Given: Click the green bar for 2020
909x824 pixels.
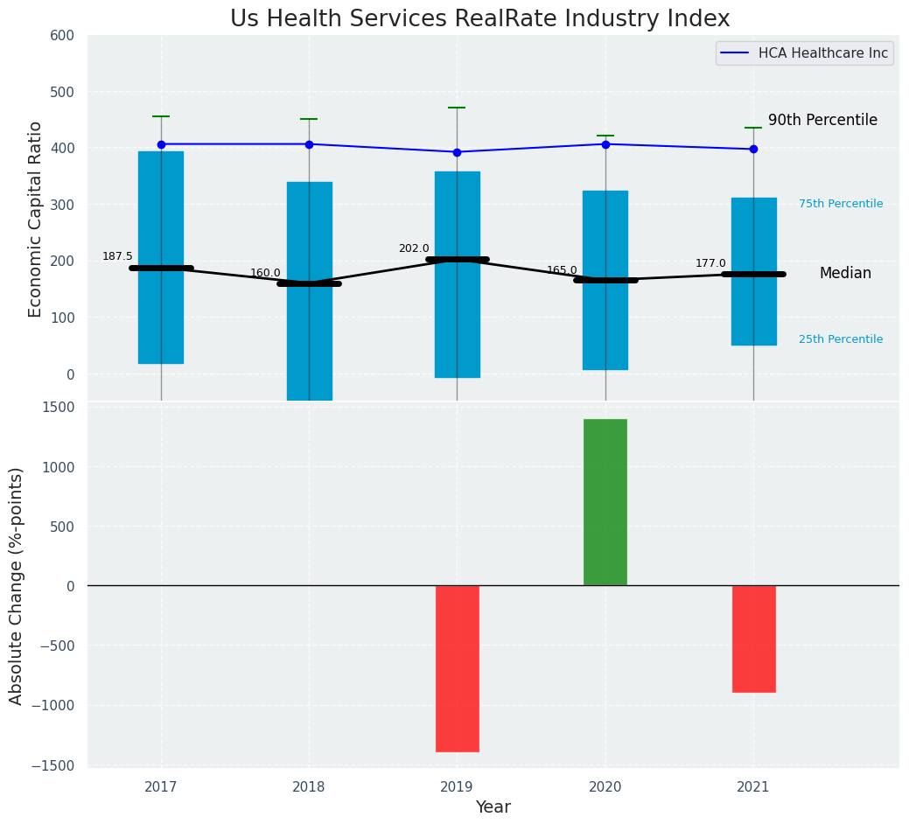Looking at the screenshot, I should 605,502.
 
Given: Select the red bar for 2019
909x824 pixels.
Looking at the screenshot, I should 457,668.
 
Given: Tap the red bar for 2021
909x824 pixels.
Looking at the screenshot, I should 753,639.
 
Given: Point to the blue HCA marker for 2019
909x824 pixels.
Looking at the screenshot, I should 457,152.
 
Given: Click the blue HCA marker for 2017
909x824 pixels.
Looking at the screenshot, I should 161,144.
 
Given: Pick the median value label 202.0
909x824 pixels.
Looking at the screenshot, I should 414,248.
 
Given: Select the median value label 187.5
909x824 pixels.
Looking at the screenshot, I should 117,256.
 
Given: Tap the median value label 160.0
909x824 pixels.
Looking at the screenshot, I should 265,273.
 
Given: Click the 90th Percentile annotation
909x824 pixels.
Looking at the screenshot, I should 822,121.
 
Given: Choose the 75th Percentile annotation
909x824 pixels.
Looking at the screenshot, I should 841,204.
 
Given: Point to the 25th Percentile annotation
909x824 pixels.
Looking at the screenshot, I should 841,339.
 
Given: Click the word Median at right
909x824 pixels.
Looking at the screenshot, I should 845,274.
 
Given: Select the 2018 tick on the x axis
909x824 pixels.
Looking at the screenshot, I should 309,787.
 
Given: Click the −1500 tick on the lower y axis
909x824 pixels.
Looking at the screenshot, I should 57,765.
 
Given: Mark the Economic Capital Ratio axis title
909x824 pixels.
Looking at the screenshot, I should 36,219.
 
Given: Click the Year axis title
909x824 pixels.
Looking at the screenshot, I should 493,807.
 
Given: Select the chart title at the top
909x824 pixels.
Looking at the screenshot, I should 479,18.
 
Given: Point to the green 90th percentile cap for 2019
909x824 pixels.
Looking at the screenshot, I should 457,108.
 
